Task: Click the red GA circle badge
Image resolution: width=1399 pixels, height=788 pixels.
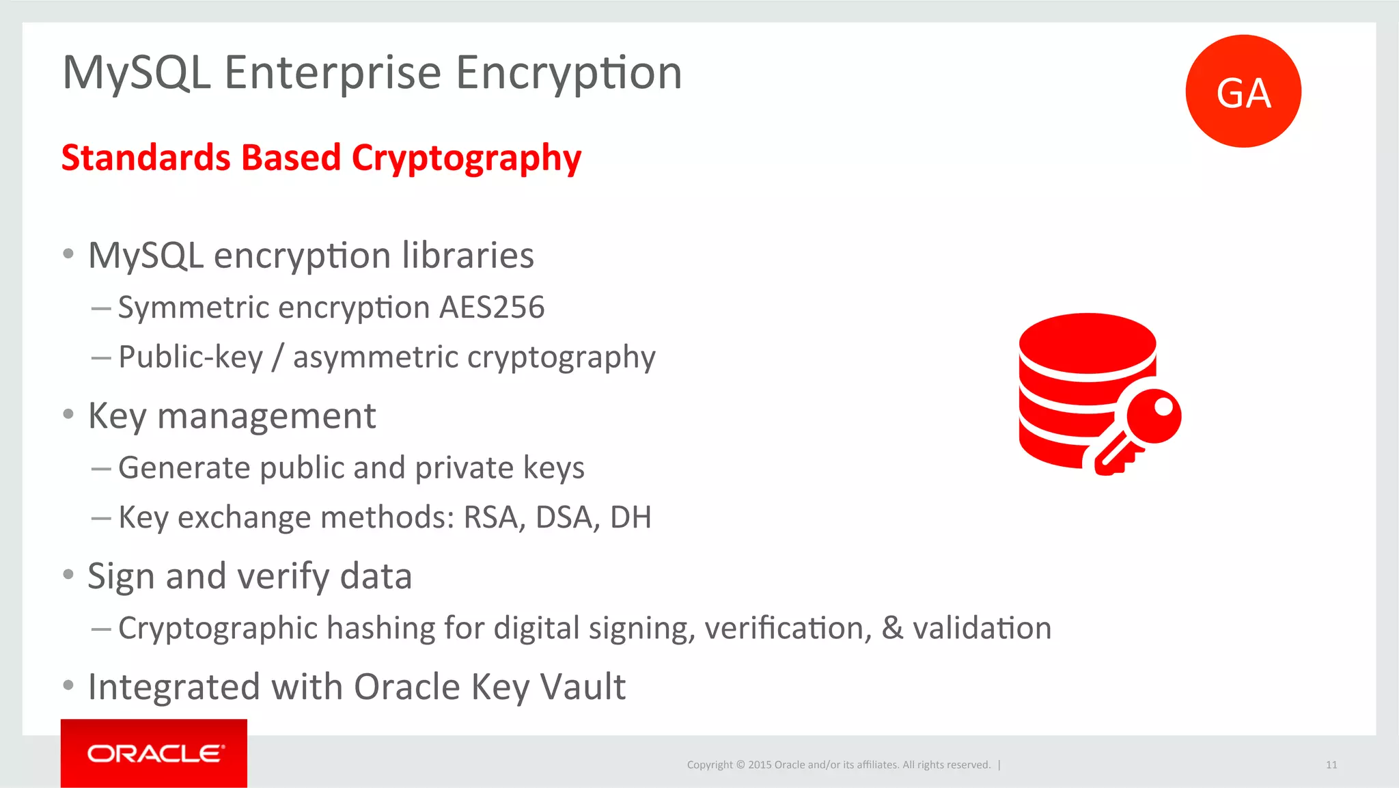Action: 1243,91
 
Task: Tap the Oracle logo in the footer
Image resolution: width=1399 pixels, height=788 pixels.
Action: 154,753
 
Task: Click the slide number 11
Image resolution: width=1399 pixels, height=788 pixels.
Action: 1331,765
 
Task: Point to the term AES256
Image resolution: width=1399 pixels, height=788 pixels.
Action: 492,308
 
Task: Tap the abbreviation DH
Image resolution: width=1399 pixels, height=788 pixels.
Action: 630,517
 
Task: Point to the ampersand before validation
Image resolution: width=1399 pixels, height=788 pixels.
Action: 892,628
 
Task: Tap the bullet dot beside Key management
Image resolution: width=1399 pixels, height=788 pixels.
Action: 68,414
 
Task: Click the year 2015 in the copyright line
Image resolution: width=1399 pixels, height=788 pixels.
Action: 759,765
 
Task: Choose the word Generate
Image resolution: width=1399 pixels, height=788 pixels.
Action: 184,468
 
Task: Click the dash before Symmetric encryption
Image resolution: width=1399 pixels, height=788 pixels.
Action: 100,308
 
